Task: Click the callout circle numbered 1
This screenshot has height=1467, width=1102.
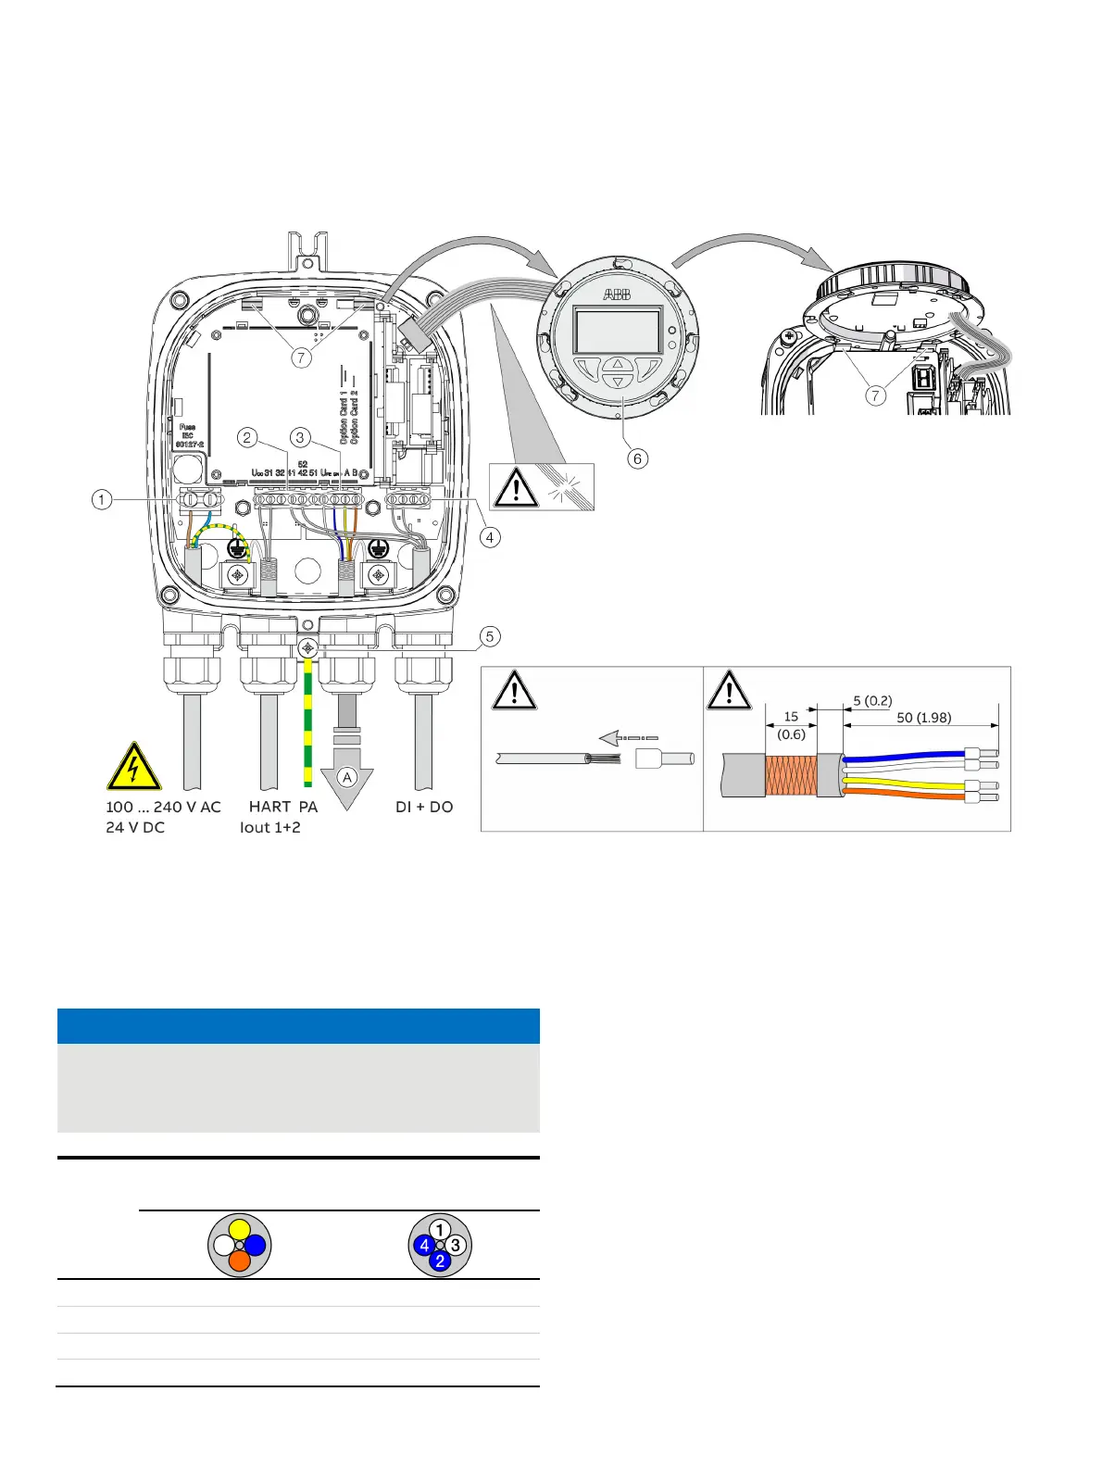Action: coord(102,500)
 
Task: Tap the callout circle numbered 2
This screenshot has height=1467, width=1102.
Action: coord(246,437)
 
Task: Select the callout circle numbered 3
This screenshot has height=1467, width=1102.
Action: coord(299,437)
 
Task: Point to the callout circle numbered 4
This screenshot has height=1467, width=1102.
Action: coord(489,536)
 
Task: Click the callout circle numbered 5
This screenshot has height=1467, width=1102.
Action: coord(489,636)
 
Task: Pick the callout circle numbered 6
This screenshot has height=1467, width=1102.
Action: coord(637,458)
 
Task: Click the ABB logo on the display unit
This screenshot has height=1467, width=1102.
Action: coord(617,295)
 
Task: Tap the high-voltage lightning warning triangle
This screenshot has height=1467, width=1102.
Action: coord(134,768)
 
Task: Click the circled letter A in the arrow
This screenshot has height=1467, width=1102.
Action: coord(347,777)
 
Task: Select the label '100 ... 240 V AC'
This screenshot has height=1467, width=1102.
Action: coord(163,807)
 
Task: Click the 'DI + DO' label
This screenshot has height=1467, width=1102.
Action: coord(424,807)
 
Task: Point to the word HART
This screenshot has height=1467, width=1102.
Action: coord(269,807)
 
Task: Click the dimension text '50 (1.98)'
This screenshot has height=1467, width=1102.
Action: coord(923,717)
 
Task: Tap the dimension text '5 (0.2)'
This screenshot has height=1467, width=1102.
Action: coord(872,700)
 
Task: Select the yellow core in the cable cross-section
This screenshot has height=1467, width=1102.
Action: coord(240,1229)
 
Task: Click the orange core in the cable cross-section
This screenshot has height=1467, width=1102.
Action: coord(240,1260)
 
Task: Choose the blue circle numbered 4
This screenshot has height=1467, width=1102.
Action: coord(424,1246)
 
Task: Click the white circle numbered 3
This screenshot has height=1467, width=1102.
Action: coord(456,1246)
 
